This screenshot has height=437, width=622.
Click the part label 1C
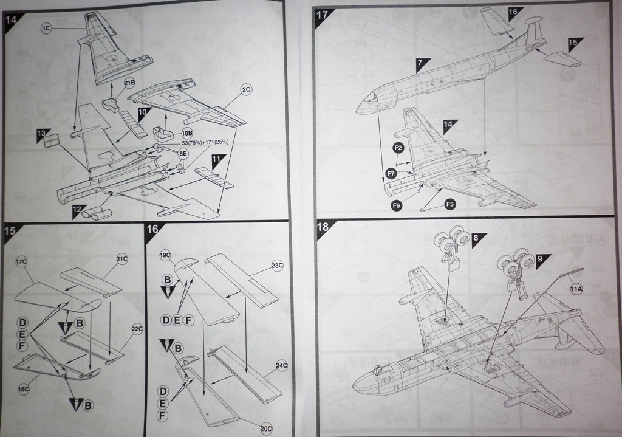point(47,28)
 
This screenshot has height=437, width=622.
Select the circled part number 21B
point(129,83)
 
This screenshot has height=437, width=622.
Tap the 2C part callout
point(245,89)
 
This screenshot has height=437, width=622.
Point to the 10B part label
point(186,132)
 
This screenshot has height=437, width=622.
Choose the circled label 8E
point(183,155)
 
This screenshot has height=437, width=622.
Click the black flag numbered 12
point(78,210)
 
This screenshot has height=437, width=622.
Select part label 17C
point(22,261)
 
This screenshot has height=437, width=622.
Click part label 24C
point(281,365)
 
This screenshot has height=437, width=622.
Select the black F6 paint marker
point(397,205)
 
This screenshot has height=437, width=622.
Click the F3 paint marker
point(450,204)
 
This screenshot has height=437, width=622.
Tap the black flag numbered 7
point(423,63)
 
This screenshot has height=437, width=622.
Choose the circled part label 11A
point(576,290)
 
